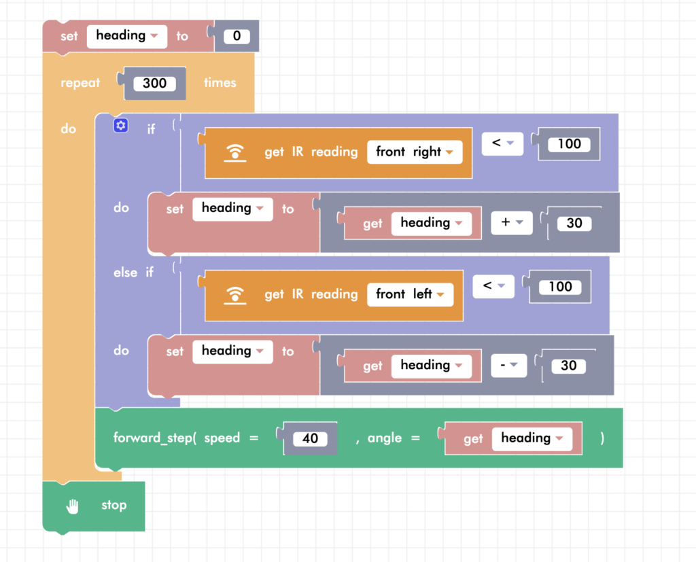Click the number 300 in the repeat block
coord(154,84)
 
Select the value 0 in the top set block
coord(237,36)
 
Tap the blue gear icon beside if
coord(121,126)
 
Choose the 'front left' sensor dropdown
coord(410,294)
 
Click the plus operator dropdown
coord(511,222)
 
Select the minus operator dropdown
coord(508,365)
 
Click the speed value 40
coord(310,438)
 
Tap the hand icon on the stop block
coord(73,506)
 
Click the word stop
coord(114,505)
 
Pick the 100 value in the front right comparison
coord(569,143)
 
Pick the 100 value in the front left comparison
coord(560,286)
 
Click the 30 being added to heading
coord(574,223)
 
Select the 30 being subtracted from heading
coord(568,366)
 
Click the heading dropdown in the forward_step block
coord(532,438)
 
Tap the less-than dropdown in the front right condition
coord(501,143)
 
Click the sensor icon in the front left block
coord(235,295)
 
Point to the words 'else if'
coord(133,273)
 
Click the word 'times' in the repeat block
coord(220,83)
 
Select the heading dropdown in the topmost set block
coord(126,35)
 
